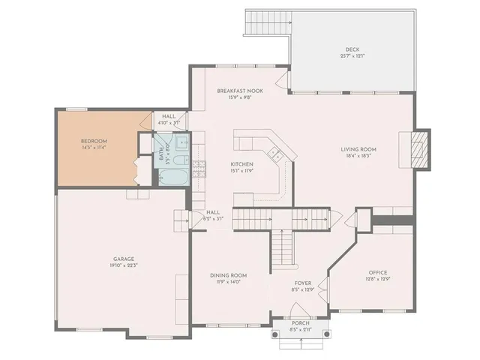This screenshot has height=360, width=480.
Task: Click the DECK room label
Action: (352, 51)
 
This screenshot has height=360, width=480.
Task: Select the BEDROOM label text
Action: (94, 141)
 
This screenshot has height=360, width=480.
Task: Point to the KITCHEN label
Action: (241, 163)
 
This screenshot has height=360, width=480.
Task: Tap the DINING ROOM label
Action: (228, 275)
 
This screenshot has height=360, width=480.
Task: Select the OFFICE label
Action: (377, 272)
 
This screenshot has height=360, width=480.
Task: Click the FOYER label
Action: (303, 283)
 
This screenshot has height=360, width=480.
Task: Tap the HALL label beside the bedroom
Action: (168, 115)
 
